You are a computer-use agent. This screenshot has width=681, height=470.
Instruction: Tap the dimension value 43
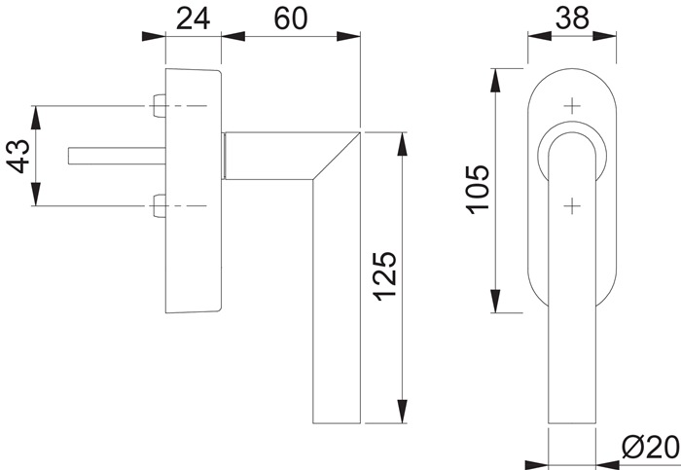coord(18,156)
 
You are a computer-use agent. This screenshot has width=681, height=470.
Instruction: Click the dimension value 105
coord(477,192)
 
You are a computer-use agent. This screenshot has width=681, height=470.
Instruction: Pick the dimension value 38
coord(572,17)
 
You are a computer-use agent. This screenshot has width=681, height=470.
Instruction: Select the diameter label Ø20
coord(648,448)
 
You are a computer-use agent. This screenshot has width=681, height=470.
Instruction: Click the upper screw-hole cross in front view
coord(572,104)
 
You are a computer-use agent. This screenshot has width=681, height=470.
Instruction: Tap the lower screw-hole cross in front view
coord(572,204)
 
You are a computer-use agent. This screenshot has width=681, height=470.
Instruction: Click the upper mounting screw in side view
coord(160,105)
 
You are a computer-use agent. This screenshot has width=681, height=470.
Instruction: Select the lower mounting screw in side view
coord(160,205)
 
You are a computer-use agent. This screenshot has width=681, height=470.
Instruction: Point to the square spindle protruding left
coord(107,156)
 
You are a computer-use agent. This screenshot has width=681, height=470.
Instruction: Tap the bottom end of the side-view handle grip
coord(337,420)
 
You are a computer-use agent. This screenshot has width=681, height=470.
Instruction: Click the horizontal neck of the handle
coord(272,156)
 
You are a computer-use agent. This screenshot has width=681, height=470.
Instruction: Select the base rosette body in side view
coord(194,191)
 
